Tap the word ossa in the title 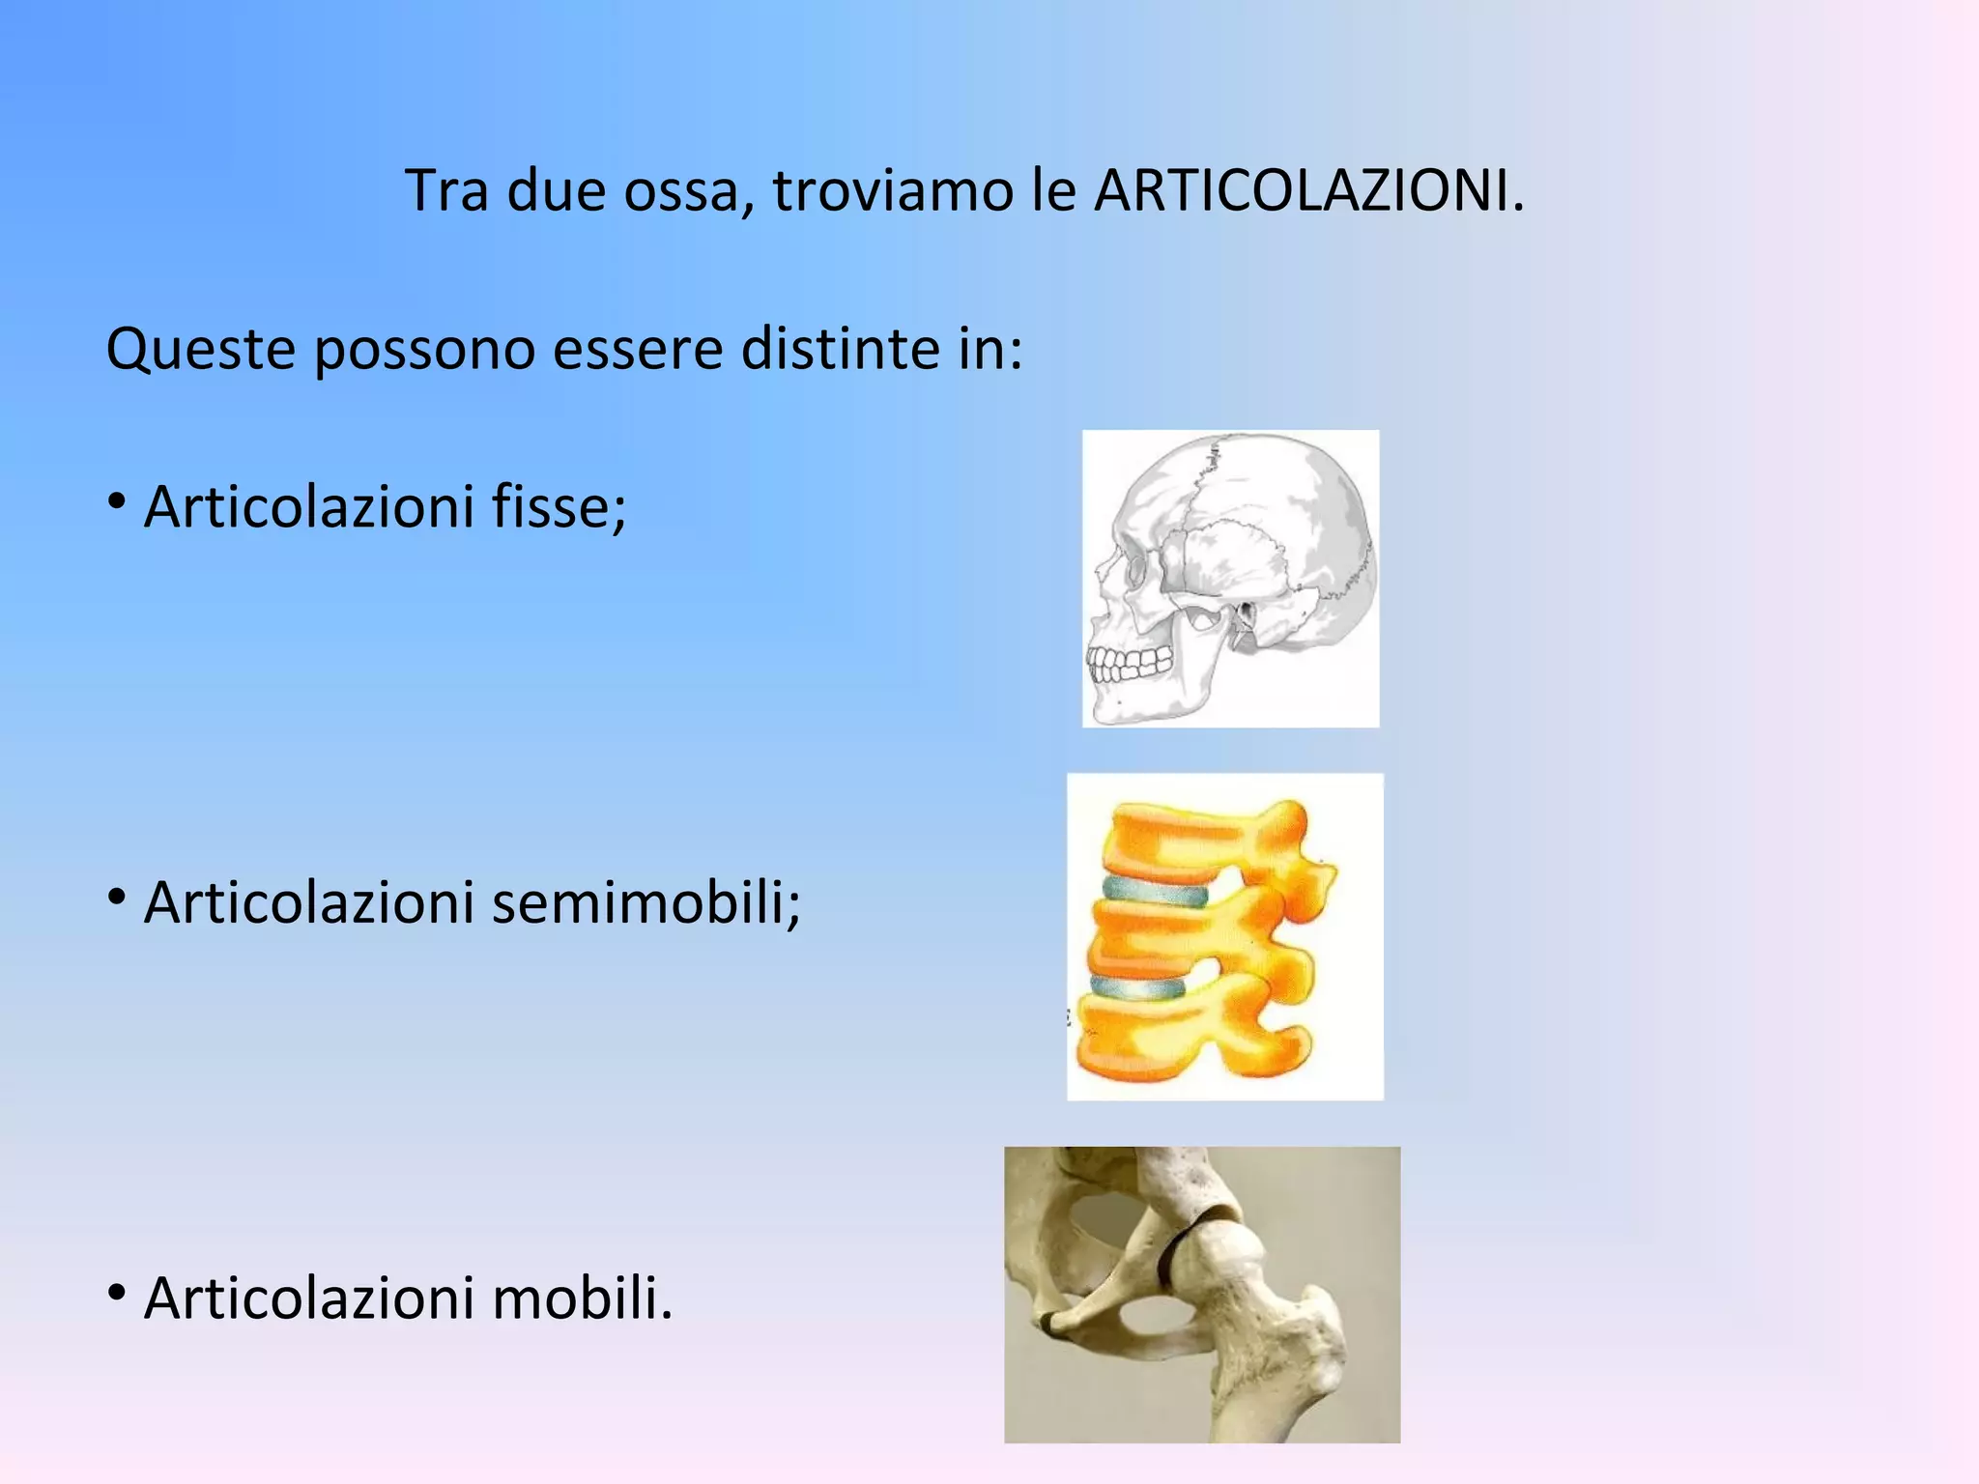[689, 190]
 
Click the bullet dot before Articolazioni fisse [117, 502]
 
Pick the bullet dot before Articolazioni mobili [117, 1294]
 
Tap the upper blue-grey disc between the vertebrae [1155, 891]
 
